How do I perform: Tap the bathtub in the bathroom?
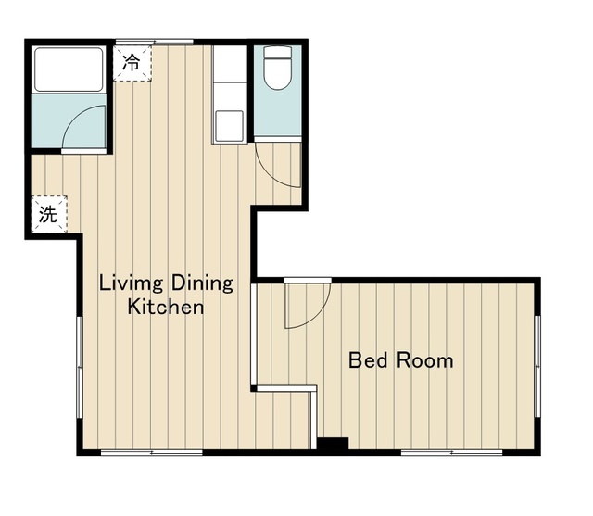coord(69,69)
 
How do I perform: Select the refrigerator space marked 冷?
coord(132,63)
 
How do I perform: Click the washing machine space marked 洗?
coord(49,214)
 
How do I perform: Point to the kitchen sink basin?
coord(230,126)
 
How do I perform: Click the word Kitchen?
coord(166,307)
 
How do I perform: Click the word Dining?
coord(202,283)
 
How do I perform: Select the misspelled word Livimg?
coord(131,283)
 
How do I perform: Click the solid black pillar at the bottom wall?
coord(333,444)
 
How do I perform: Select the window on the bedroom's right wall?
coord(537,366)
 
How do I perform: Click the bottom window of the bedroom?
coord(451,452)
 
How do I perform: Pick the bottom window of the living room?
coord(152,452)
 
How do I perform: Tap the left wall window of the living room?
coord(80,367)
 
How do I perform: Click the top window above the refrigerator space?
coord(155,42)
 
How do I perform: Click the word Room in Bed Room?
coord(424,360)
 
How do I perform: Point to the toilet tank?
coord(278,52)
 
